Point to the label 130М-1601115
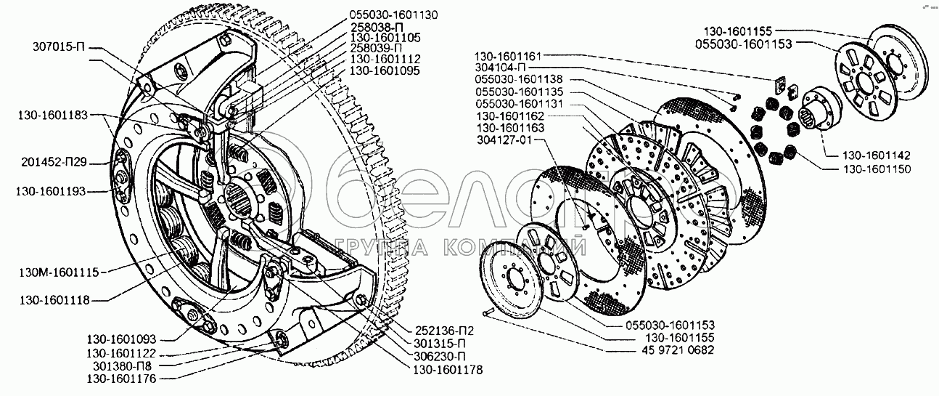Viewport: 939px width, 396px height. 59,272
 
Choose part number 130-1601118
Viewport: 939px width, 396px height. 52,299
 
